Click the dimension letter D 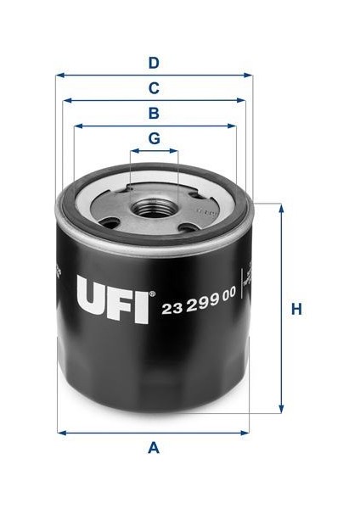[x=154, y=62]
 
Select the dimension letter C [x=154, y=87]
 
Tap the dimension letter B [x=154, y=113]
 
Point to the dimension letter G [x=154, y=138]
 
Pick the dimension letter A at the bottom [x=154, y=447]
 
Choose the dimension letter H [x=296, y=310]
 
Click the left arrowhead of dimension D [x=59, y=75]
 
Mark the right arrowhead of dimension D [x=250, y=75]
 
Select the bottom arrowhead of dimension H [x=280, y=411]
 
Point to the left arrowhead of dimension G [x=132, y=152]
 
